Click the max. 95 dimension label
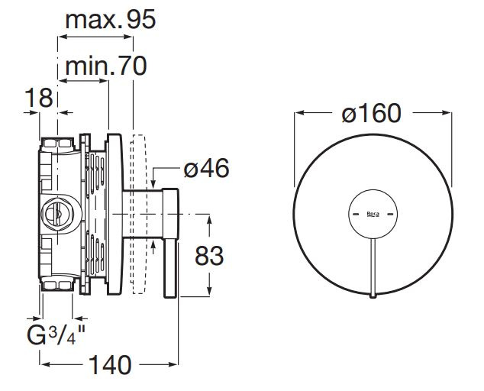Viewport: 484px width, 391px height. tap(111, 20)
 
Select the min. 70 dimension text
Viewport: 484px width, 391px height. tap(106, 66)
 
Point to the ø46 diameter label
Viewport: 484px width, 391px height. tap(206, 168)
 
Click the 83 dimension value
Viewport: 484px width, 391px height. tap(209, 256)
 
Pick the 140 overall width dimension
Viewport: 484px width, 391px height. tap(110, 365)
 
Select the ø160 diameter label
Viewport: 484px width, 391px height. tap(372, 113)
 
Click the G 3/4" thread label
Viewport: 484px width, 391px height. tap(56, 335)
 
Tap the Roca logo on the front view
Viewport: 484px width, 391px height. tap(373, 215)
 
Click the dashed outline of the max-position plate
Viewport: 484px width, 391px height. tap(138, 214)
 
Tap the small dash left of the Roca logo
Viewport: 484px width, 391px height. tap(356, 214)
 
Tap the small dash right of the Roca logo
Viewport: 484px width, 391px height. tap(390, 214)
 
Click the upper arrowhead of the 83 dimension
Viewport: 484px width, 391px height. tap(209, 220)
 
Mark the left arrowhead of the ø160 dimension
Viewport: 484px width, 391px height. tap(298, 113)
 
